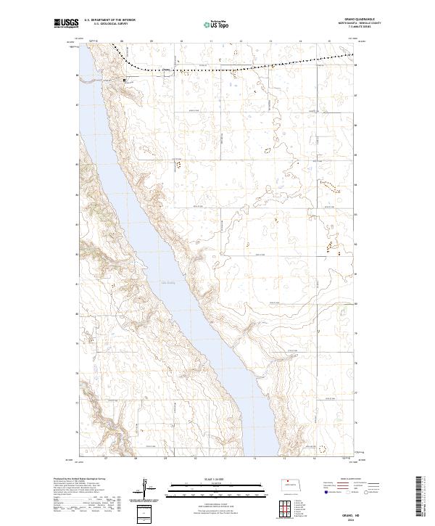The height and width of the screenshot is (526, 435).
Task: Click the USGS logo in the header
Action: [67, 25]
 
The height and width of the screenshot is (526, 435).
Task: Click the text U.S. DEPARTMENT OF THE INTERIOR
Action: [108, 20]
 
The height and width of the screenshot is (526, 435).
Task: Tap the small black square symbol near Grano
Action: [124, 79]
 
